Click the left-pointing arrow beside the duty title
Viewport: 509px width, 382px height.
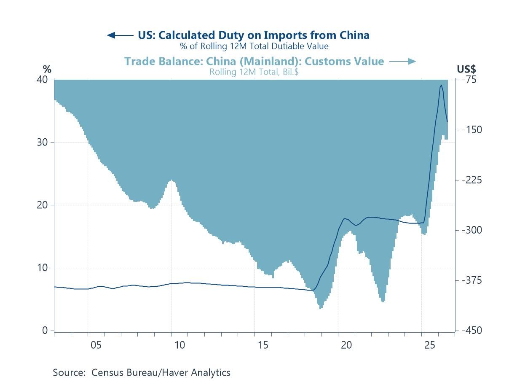120,35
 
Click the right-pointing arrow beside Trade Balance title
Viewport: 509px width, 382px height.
402,62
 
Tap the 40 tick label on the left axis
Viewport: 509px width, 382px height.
42,80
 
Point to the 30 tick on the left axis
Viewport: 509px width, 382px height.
42,142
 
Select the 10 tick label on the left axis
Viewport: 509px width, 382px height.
42,268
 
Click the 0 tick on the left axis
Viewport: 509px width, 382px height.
45,330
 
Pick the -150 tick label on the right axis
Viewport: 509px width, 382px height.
472,130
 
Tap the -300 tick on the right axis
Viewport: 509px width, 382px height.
472,230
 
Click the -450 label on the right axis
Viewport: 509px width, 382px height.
472,330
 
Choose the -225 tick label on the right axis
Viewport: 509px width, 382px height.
472,180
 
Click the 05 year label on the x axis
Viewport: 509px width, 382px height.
96,345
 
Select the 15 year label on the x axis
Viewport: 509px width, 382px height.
263,345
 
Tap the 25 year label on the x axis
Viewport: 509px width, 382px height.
430,345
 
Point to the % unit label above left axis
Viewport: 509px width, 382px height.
47,69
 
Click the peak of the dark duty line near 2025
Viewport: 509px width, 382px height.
441,85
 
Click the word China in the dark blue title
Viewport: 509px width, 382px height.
354,35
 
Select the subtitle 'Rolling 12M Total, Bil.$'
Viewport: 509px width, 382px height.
254,72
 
